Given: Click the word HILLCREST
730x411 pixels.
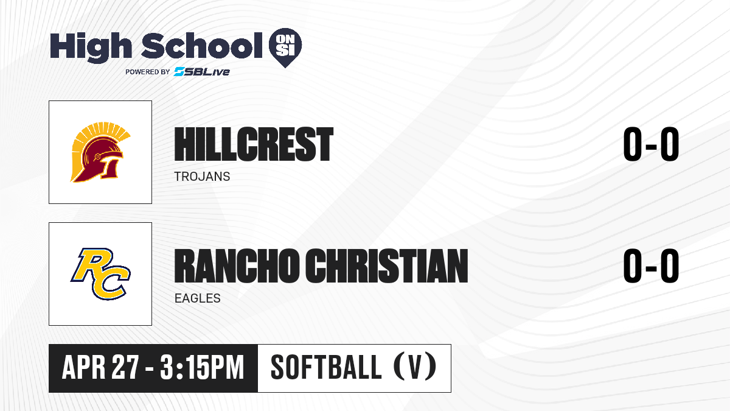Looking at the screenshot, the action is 254,144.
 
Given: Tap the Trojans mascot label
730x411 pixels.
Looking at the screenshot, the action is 202,177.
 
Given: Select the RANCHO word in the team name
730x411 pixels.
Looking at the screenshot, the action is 237,265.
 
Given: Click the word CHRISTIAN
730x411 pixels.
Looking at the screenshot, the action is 387,265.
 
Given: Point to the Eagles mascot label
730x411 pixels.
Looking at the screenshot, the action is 198,298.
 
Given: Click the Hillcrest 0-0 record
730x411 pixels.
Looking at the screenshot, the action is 651,144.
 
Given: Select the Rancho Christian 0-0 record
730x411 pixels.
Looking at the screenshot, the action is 651,265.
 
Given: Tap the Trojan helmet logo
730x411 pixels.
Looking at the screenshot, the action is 100,152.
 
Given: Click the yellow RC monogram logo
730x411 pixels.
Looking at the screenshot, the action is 100,273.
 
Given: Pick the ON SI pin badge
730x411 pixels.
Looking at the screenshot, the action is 285,47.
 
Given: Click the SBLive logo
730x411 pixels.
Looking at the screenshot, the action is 201,71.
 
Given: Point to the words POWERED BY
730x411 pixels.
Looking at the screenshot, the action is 148,72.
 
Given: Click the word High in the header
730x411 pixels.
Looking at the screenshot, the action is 91,47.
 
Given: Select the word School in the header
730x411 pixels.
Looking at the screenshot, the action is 202,46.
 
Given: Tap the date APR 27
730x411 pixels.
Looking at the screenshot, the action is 100,368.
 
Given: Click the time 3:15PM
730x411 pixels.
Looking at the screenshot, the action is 202,368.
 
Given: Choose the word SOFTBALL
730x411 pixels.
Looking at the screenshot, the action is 326,367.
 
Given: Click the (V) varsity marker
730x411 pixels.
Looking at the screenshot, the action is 415,367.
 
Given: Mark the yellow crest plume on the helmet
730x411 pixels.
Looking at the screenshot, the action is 98,137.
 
